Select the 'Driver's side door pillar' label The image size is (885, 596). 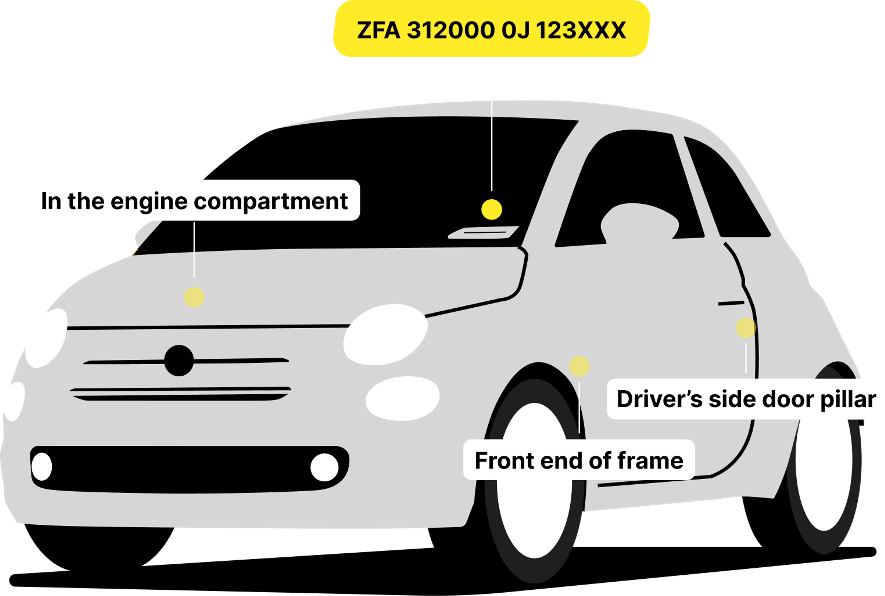point(746,399)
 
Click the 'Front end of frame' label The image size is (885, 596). point(579,460)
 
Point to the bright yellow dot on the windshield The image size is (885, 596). point(492,209)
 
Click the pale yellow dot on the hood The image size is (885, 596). point(194,297)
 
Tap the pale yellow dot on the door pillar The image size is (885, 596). point(746,328)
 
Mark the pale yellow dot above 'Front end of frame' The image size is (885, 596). point(579,366)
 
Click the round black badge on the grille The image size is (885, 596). point(179,360)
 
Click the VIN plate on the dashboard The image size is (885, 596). point(483,232)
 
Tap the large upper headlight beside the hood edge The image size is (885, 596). point(385,334)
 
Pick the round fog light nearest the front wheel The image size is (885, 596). point(324,467)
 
